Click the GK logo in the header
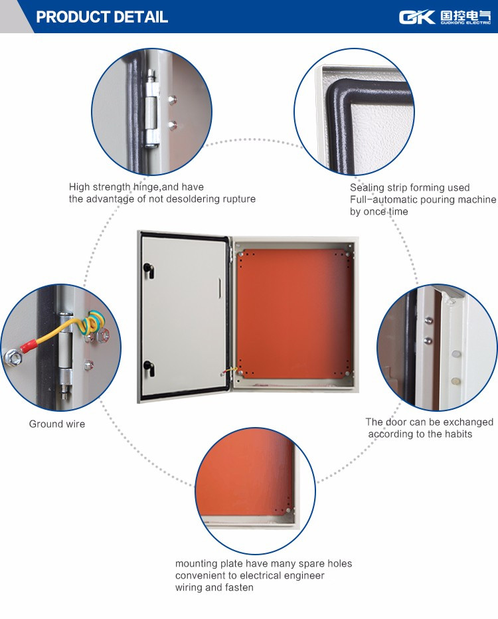[417, 17]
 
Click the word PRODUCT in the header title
[68, 17]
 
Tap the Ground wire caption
[57, 424]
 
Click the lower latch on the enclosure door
[149, 368]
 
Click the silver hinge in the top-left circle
[151, 108]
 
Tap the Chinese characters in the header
[465, 15]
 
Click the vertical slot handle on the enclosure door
[220, 288]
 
